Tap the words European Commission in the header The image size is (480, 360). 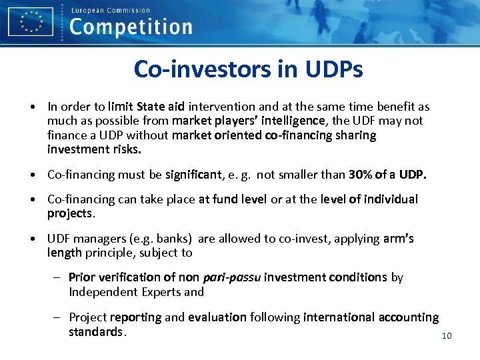pos(110,10)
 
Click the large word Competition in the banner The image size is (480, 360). pos(131,28)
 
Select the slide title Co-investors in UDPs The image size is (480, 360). pos(248,69)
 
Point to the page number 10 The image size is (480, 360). pos(447,335)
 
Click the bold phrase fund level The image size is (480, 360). pos(239,199)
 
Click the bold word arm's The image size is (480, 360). pos(398,239)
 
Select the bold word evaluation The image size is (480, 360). pos(217,317)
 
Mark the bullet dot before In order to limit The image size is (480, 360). pos(32,107)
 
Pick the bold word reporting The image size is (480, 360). pos(135,317)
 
